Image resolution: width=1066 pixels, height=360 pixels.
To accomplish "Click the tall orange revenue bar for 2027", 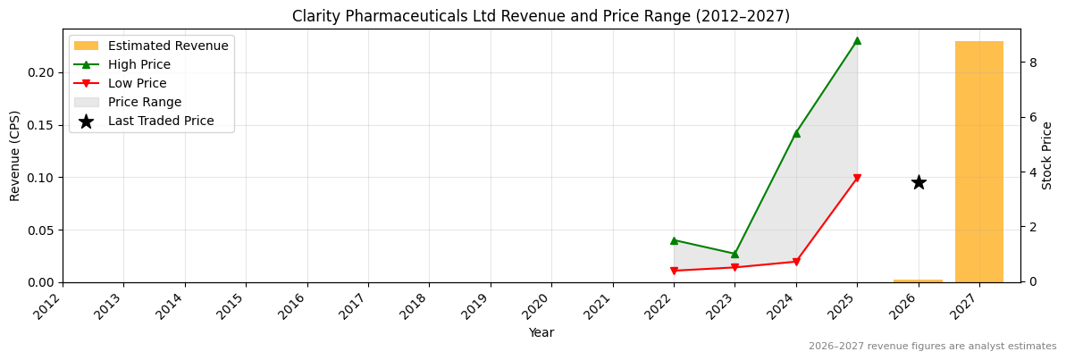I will tap(978, 161).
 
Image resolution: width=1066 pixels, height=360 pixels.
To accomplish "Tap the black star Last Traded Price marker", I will tap(919, 182).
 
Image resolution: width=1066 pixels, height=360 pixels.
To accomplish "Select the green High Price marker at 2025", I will tap(857, 40).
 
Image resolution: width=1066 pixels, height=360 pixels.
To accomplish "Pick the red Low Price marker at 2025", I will tap(857, 179).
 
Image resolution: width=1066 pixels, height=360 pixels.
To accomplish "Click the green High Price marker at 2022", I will tap(674, 240).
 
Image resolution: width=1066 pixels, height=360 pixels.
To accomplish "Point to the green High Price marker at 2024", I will tap(796, 133).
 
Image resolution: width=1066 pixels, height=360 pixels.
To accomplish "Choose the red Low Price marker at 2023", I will tap(734, 267).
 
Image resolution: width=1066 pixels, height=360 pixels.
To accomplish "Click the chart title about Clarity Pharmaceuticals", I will tap(541, 16).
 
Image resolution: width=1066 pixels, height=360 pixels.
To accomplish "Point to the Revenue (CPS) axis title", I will tap(15, 155).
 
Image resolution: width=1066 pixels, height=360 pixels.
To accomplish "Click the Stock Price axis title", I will tap(1048, 155).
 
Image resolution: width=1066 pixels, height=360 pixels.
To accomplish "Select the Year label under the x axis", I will tap(541, 332).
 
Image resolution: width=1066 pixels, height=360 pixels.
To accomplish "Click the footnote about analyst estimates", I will tap(932, 347).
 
